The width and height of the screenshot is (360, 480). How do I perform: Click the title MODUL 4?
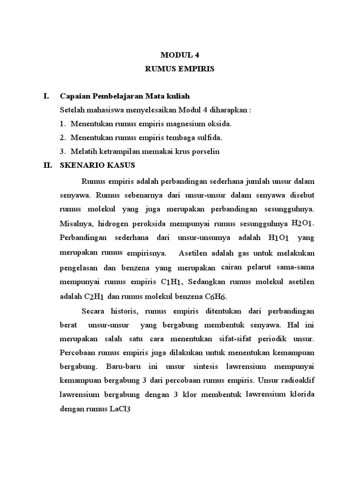point(180,54)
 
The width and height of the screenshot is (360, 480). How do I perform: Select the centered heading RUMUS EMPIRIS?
point(180,69)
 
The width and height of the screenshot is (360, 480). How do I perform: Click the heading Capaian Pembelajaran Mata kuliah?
point(124,96)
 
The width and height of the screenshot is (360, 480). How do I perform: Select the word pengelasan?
point(78,268)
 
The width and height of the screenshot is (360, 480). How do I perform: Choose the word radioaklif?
point(295,380)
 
